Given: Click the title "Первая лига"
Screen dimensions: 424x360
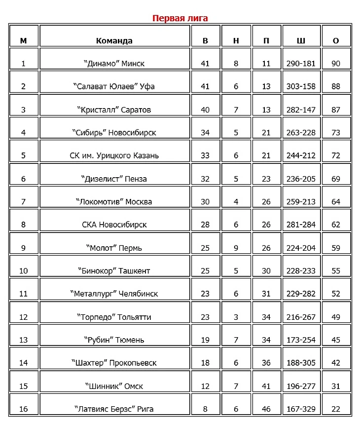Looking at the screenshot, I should tap(180, 18).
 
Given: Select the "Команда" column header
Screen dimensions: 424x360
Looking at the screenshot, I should tap(114, 40).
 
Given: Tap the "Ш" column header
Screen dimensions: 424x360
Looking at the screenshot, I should tap(301, 40).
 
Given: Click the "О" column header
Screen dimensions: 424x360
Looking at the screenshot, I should tap(336, 40).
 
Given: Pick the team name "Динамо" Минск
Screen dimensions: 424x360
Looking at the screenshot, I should tap(114, 64).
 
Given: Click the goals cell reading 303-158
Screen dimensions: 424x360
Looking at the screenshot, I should tap(301, 86).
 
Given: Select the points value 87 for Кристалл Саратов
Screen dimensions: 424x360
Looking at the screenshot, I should tap(336, 110).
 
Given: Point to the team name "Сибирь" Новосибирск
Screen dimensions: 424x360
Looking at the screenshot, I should tap(114, 133).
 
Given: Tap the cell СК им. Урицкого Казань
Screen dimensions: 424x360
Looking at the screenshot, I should tap(114, 155).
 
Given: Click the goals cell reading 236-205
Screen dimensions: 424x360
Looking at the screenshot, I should tap(301, 179).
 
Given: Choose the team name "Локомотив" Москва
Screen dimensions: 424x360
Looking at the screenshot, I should tap(114, 201).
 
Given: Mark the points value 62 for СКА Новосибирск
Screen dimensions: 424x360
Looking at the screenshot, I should tap(336, 225).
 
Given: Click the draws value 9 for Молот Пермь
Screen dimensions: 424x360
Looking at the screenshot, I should tap(236, 248).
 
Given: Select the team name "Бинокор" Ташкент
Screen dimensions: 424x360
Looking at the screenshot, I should tap(114, 270).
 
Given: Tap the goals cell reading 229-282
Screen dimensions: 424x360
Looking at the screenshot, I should tap(301, 294).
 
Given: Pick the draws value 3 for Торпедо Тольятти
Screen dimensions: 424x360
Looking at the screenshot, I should tap(236, 317).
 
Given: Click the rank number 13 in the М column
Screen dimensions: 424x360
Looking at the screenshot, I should tap(23, 340).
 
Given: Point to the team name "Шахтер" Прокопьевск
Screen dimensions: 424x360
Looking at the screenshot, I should tap(114, 363).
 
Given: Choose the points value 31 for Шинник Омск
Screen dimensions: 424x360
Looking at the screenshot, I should tap(336, 386).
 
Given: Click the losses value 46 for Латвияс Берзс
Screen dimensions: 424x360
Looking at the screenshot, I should tap(266, 409).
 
